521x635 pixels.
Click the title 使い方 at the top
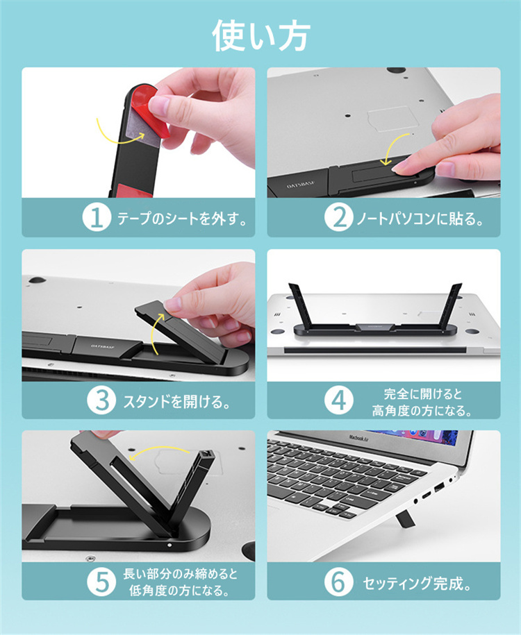(261, 36)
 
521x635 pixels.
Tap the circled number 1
(97, 217)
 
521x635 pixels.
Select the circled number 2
(338, 217)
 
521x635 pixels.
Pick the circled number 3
(101, 400)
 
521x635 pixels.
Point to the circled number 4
(338, 400)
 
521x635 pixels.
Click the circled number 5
(101, 582)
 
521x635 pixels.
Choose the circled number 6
(338, 582)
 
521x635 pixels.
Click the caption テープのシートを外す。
(182, 219)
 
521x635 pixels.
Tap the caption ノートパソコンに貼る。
(420, 219)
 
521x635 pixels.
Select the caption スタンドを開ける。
(176, 401)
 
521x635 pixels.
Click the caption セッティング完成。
(417, 584)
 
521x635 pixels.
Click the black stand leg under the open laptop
(404, 519)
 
